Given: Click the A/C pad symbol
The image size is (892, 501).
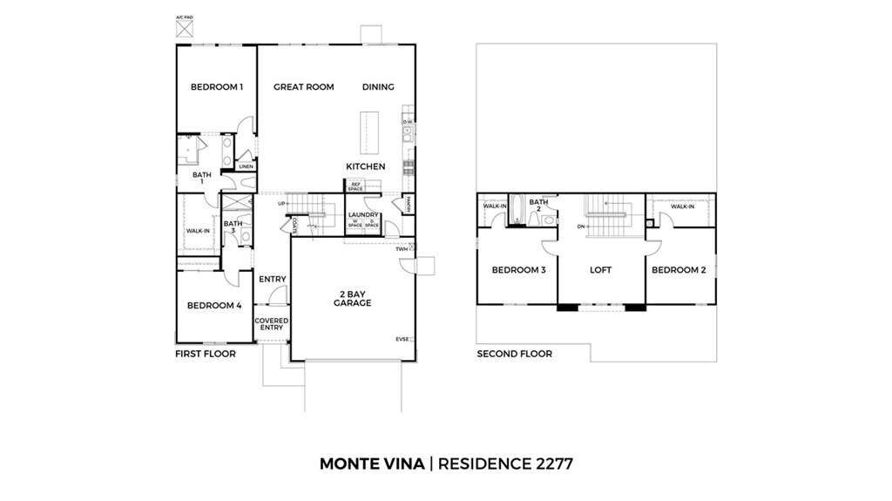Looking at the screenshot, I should (184, 28).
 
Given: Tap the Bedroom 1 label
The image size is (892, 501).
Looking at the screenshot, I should (216, 87).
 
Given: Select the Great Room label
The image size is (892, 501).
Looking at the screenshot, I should (303, 87).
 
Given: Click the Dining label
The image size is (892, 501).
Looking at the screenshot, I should (378, 87).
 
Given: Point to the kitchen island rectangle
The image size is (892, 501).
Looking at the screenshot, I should (370, 132).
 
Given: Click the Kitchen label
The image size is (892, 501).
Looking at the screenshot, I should (365, 166).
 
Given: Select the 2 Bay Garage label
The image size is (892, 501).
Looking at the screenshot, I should (352, 298).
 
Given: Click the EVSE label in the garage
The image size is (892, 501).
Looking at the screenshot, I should (402, 340).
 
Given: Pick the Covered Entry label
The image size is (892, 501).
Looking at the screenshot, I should (271, 324).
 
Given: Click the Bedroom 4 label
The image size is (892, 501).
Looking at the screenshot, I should (213, 306).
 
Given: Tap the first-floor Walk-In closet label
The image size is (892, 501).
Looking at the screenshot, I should (197, 231).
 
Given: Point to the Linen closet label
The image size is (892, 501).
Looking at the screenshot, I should (246, 166).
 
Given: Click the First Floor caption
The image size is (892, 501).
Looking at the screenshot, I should (206, 354).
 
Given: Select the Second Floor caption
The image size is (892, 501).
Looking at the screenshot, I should (514, 354).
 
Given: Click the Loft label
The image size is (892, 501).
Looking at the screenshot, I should (600, 270).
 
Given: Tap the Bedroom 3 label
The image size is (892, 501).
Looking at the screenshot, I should (518, 270).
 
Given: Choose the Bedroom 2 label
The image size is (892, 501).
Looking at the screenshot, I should (679, 270).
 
